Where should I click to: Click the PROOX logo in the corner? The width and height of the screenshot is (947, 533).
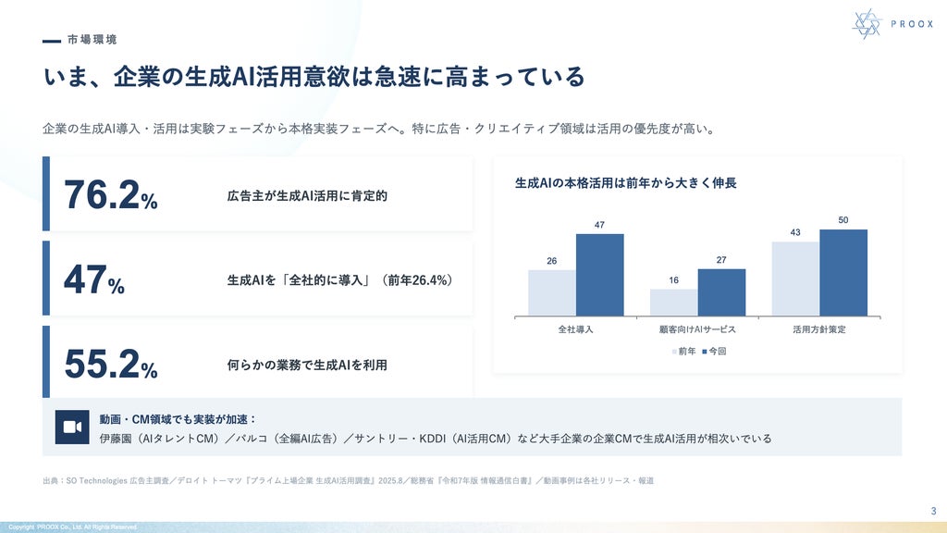892,24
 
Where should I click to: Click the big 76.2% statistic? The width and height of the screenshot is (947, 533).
111,195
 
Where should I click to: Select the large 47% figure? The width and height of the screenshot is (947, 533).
94,279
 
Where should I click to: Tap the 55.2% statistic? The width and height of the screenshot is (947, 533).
111,365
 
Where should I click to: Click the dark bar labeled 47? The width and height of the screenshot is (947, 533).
599,275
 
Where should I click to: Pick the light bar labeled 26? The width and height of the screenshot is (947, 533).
552,293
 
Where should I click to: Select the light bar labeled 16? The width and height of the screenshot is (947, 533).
674,303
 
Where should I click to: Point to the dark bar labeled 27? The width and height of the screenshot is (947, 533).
721,292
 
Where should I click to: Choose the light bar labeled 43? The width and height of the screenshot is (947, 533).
795,279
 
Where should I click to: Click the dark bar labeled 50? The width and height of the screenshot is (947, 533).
843,273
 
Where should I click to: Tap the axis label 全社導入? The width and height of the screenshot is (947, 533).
575,329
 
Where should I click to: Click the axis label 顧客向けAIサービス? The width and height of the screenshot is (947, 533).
697,329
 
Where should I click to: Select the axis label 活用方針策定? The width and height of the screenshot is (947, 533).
819,329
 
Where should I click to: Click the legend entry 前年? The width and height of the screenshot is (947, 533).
683,351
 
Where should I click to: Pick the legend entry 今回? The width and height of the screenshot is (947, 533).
714,351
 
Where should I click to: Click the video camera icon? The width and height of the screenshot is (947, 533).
72,428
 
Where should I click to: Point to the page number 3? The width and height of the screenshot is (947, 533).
933,511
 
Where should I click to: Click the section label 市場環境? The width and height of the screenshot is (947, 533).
92,40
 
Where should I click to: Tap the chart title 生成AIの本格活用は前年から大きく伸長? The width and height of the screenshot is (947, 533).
626,183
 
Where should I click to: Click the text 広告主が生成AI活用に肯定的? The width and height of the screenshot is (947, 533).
307,196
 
